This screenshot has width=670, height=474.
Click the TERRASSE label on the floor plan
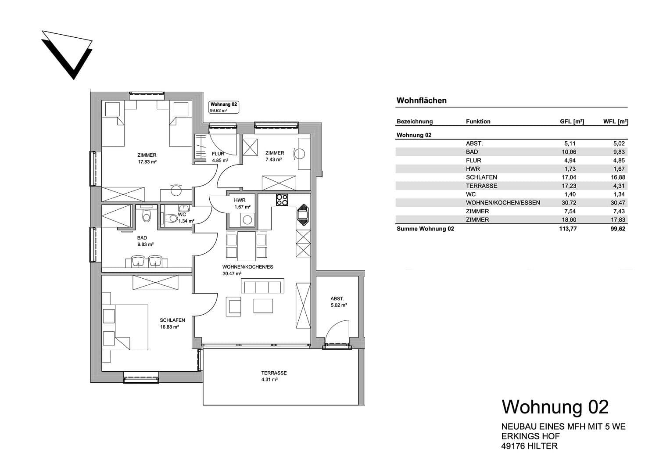pyautogui.click(x=274, y=373)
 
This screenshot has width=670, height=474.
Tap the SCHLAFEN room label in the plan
pyautogui.click(x=172, y=320)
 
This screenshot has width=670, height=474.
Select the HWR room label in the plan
pyautogui.click(x=240, y=200)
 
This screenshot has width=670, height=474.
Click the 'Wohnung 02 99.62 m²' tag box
pyautogui.click(x=224, y=107)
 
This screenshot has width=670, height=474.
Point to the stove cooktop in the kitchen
pyautogui.click(x=282, y=200)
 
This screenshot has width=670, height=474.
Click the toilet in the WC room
pyautogui.click(x=168, y=217)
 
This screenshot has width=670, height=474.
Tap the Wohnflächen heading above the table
pyautogui.click(x=421, y=101)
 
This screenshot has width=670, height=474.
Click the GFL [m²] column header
pyautogui.click(x=572, y=122)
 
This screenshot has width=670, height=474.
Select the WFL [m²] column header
pyautogui.click(x=616, y=122)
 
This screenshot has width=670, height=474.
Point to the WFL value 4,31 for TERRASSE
pyautogui.click(x=619, y=186)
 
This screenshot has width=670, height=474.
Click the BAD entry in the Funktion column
pyautogui.click(x=472, y=152)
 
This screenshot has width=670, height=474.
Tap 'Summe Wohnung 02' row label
pyautogui.click(x=425, y=229)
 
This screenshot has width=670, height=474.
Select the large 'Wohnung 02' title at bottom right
pyautogui.click(x=555, y=407)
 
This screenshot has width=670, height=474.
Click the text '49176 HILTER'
pyautogui.click(x=530, y=446)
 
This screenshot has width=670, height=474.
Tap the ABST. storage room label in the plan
pyautogui.click(x=337, y=298)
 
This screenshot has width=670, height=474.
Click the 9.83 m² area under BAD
pyautogui.click(x=146, y=244)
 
